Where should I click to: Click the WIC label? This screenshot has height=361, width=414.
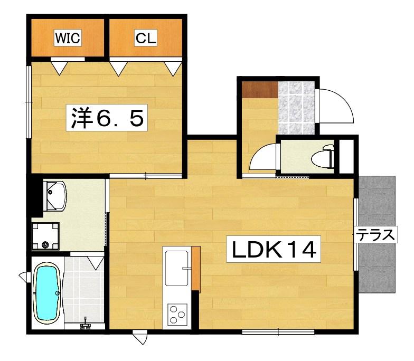pos(68,37)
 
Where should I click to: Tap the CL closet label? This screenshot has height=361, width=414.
pos(146,37)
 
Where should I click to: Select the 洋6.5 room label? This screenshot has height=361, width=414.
pos(107,118)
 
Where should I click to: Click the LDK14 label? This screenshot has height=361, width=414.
pos(274,249)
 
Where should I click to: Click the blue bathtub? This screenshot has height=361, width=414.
pos(47,293)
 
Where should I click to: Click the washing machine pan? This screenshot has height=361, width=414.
pos(45,236)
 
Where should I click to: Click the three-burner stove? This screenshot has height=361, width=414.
pos(176,313)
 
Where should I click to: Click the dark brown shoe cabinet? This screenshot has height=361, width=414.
pos(260,90)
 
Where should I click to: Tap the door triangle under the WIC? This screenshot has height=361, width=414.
pos(59,68)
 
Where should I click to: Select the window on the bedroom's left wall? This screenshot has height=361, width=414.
pos(29,102)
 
